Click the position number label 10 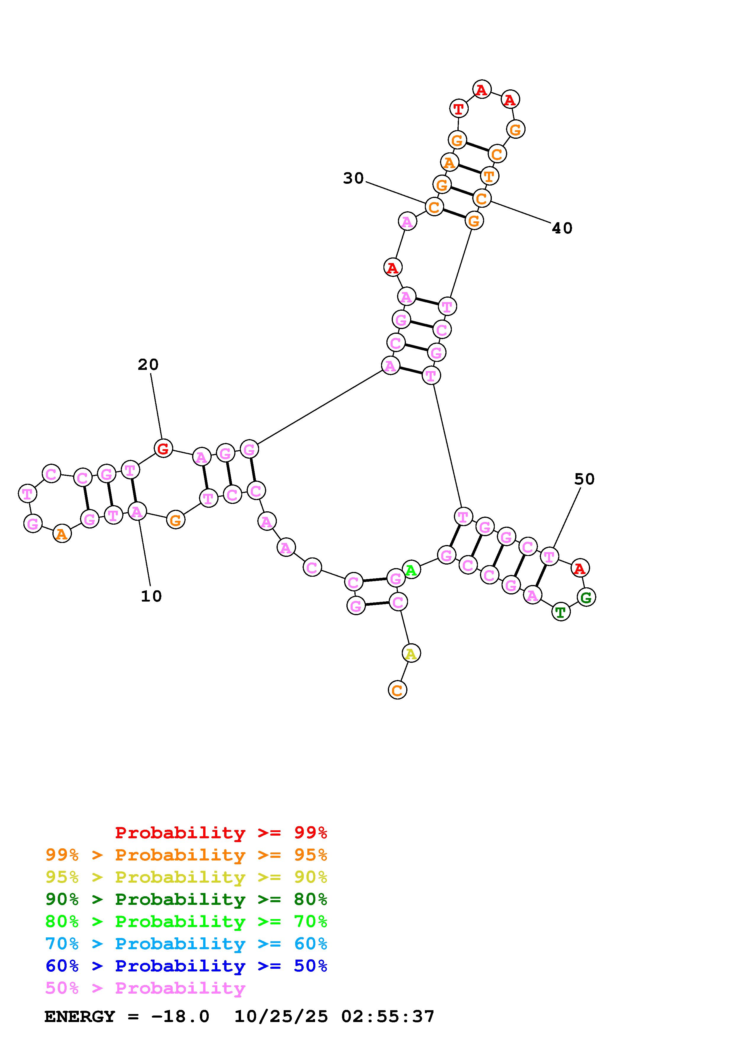(151, 596)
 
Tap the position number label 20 (148, 364)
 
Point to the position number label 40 (562, 228)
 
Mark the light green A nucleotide (411, 569)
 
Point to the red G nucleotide (163, 449)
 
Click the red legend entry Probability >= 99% (221, 833)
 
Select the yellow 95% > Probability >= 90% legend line (186, 877)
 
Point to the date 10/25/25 (281, 1017)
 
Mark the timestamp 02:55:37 (388, 1017)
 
